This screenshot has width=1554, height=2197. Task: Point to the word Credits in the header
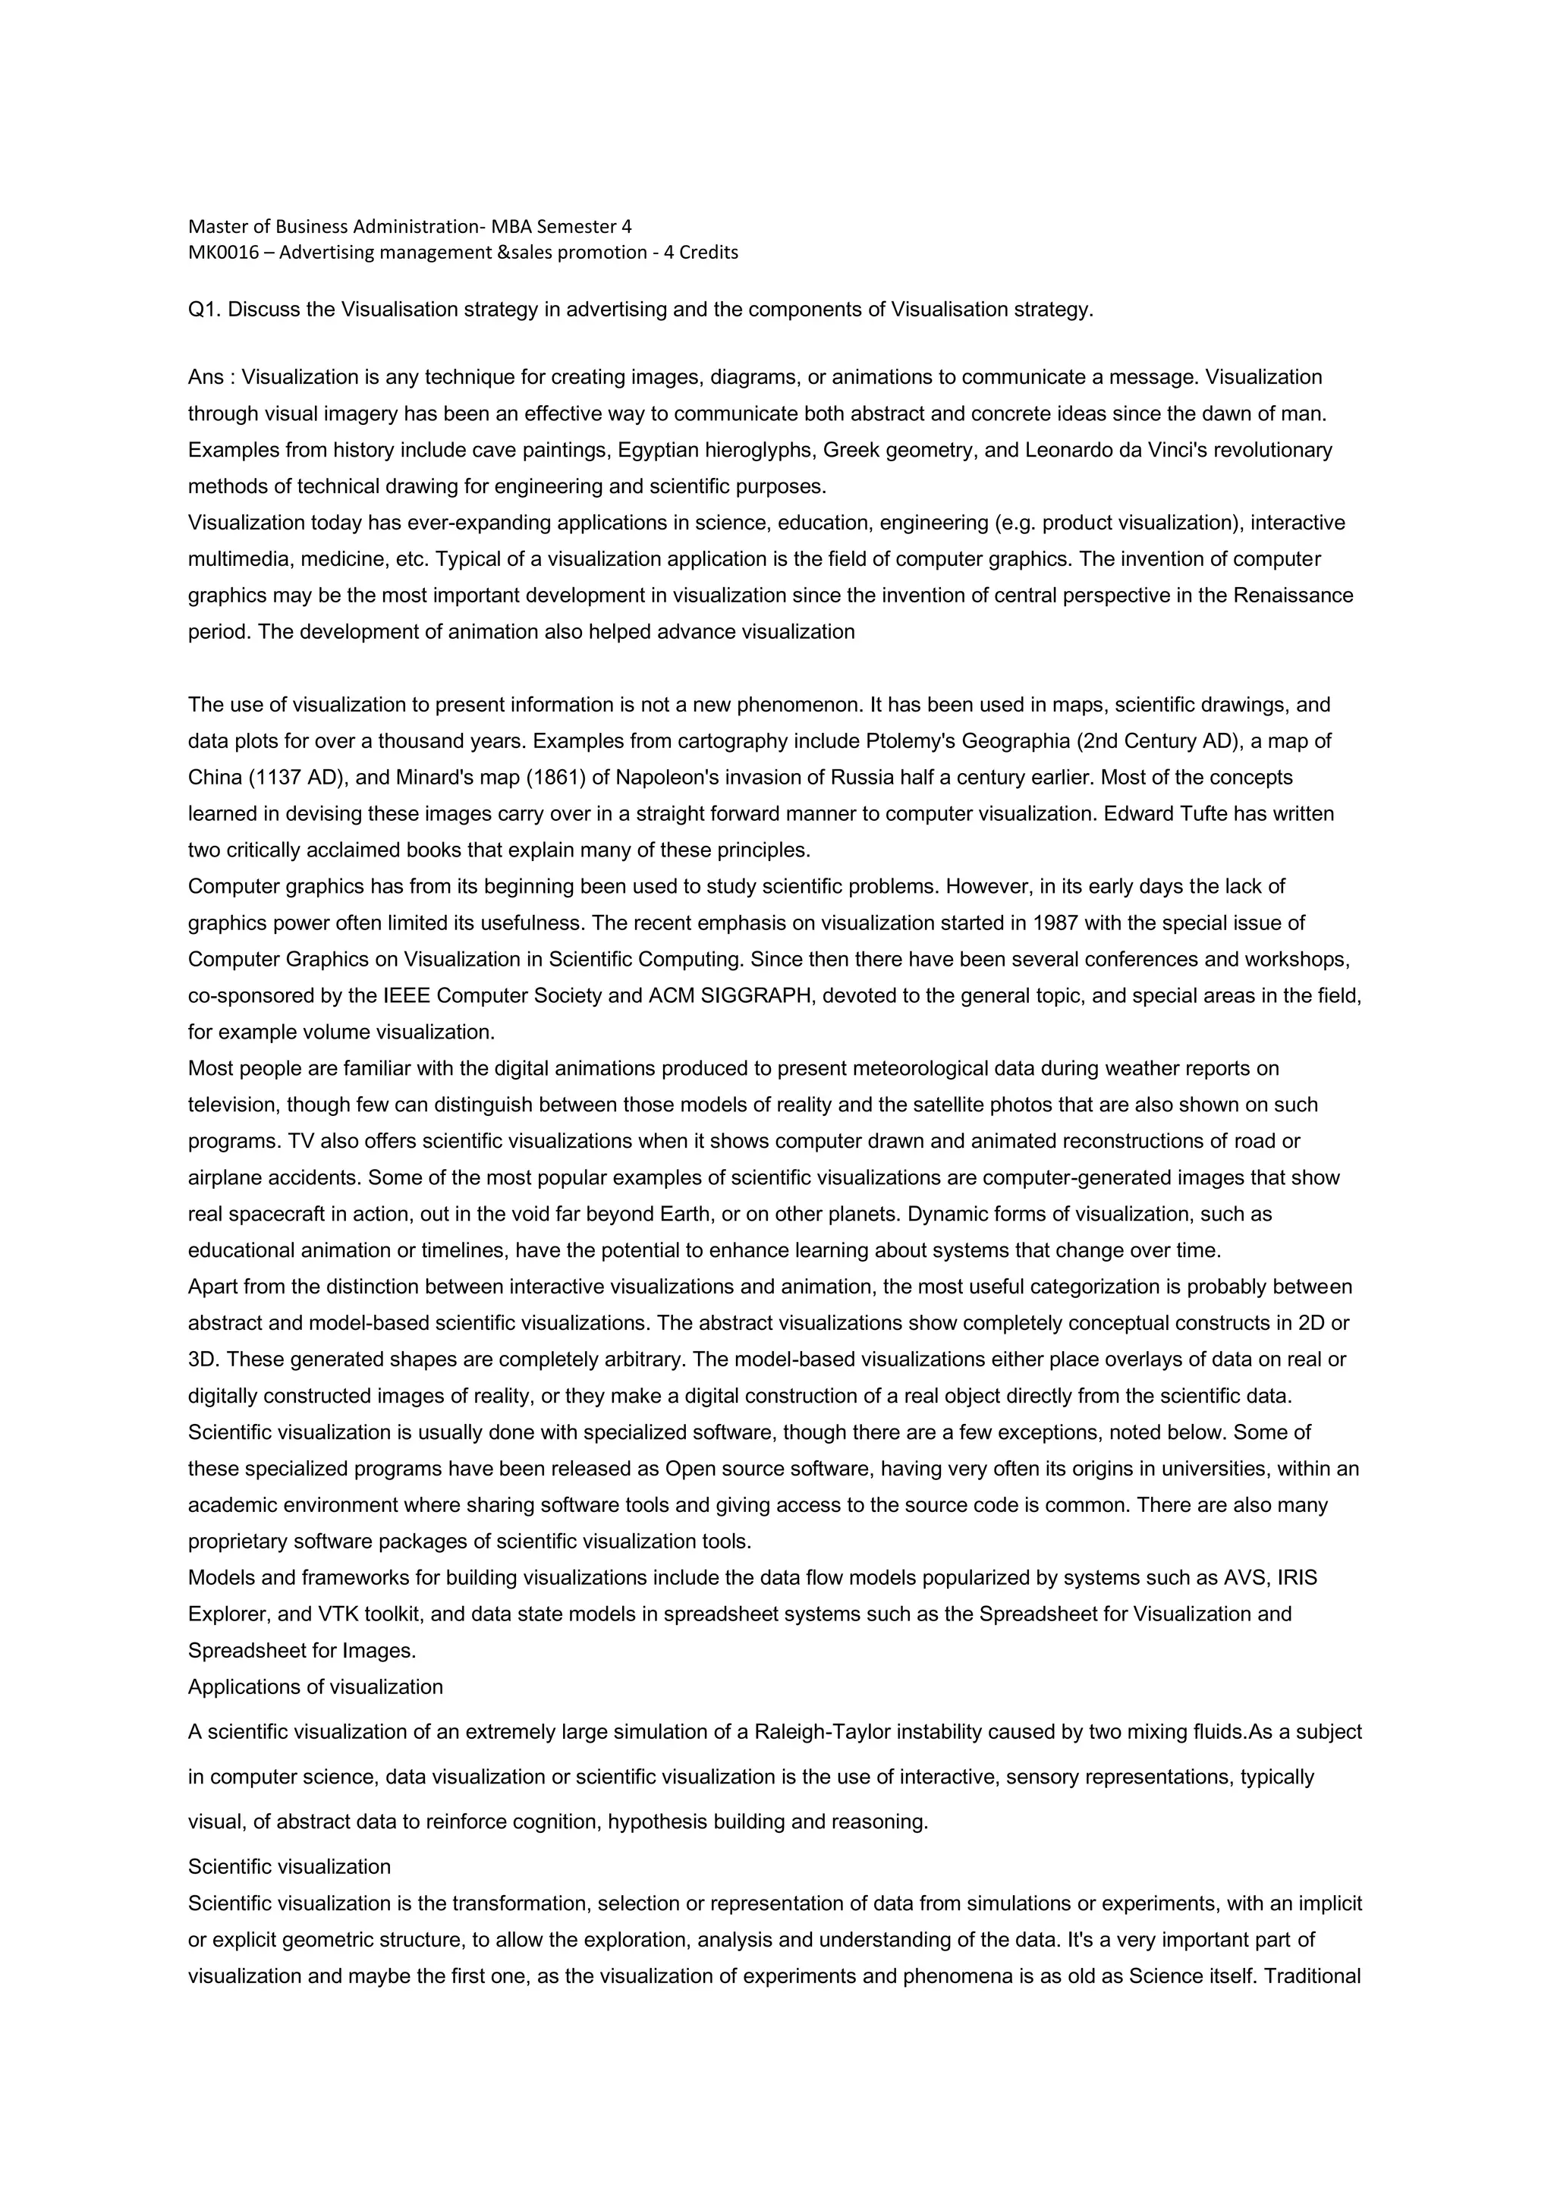pyautogui.click(x=709, y=253)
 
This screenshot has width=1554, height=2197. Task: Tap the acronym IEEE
pyautogui.click(x=407, y=995)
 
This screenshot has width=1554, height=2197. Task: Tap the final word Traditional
pyautogui.click(x=1313, y=1977)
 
